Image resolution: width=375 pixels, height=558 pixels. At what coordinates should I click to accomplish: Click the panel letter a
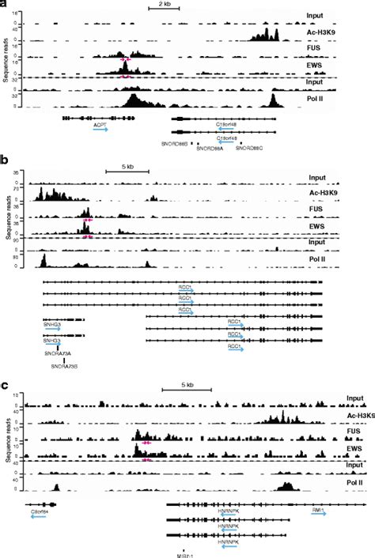(x=5, y=5)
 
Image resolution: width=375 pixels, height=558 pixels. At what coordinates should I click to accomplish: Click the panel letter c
(x=6, y=386)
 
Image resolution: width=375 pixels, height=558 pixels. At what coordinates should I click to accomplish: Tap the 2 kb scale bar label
(x=160, y=5)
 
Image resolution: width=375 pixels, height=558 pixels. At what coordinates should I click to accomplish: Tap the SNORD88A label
(x=210, y=148)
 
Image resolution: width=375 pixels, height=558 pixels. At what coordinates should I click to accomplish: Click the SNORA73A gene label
(x=58, y=353)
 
